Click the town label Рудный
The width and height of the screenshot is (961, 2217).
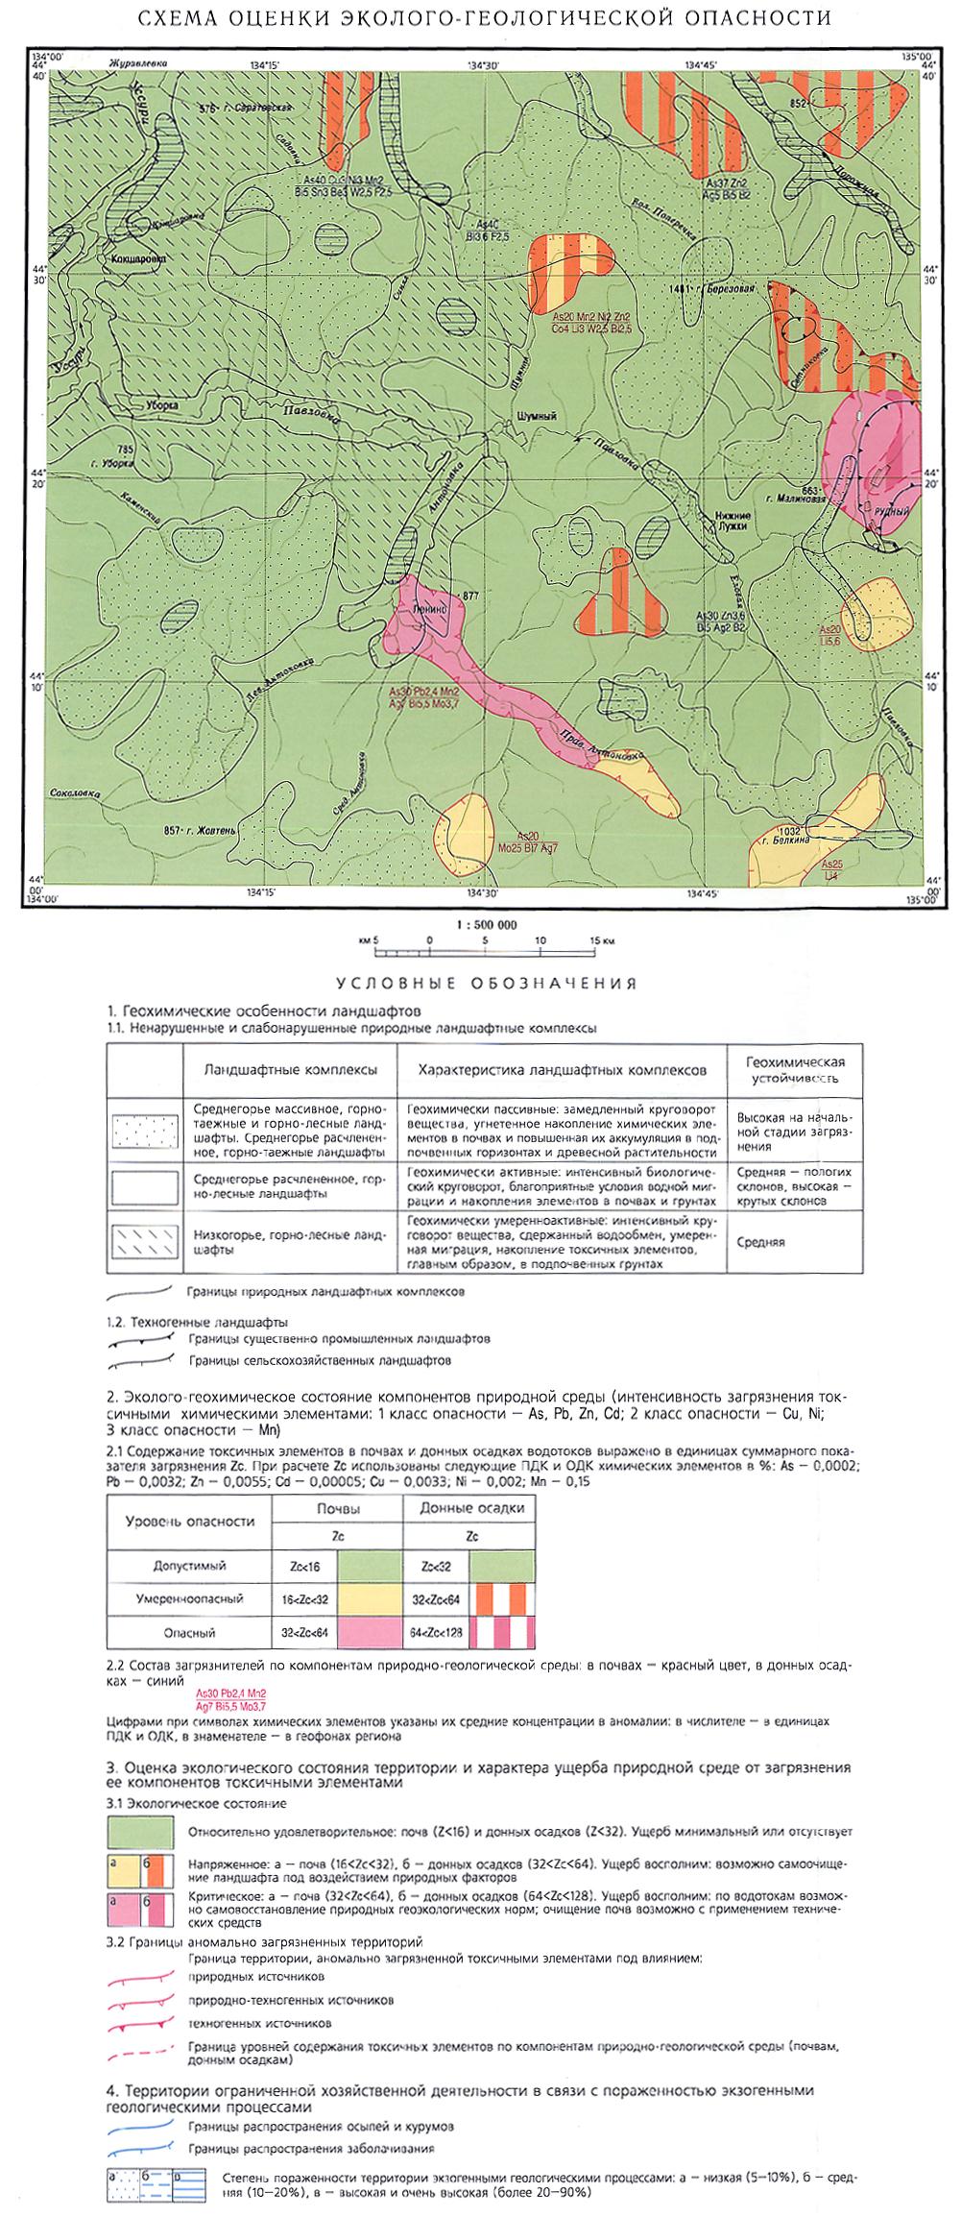(x=894, y=511)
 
